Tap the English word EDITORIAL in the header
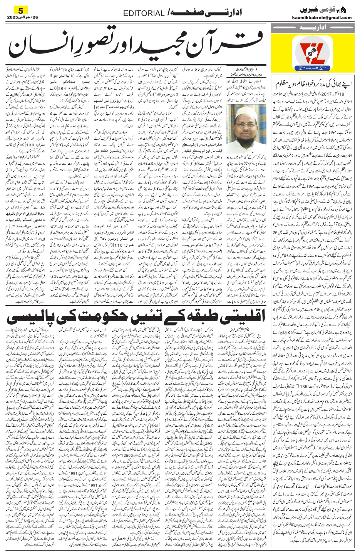tap(144, 13)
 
